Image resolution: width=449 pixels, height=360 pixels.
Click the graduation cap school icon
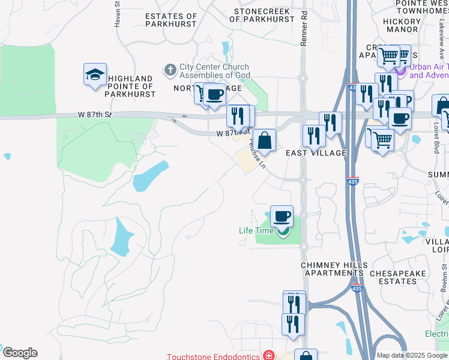95,74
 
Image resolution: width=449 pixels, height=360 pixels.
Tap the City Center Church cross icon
170,70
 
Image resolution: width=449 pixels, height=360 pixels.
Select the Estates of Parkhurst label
171,20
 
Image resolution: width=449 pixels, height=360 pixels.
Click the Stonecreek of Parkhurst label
264,15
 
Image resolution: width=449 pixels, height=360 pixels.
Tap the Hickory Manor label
402,24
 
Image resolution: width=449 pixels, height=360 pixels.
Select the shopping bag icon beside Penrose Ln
264,141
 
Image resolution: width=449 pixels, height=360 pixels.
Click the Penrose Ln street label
257,154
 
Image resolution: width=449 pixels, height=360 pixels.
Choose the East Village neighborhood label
316,153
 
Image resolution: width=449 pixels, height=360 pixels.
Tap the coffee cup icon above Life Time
281,215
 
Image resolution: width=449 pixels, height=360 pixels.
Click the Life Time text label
256,230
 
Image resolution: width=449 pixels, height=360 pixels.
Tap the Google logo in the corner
20,353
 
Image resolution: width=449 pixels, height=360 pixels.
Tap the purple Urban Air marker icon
400,71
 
